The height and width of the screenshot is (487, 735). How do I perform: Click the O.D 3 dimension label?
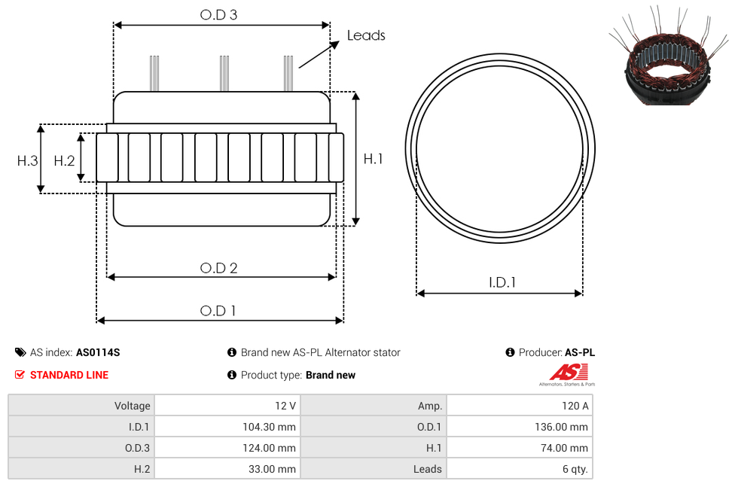pyautogui.click(x=219, y=15)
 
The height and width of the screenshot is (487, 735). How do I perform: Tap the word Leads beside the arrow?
pyautogui.click(x=366, y=35)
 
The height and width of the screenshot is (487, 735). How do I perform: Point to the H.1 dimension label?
pyautogui.click(x=373, y=159)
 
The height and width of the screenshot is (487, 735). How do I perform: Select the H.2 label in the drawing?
pyautogui.click(x=64, y=161)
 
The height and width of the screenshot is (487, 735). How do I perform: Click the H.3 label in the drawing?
pyautogui.click(x=27, y=161)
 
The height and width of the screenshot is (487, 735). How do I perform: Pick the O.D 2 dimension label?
pyautogui.click(x=219, y=268)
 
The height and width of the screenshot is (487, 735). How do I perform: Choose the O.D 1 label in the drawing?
pyautogui.click(x=218, y=311)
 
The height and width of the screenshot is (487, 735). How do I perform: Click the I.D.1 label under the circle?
pyautogui.click(x=502, y=282)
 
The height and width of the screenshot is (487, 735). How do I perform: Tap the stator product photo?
pyautogui.click(x=669, y=56)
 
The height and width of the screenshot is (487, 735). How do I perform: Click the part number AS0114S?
pyautogui.click(x=98, y=352)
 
